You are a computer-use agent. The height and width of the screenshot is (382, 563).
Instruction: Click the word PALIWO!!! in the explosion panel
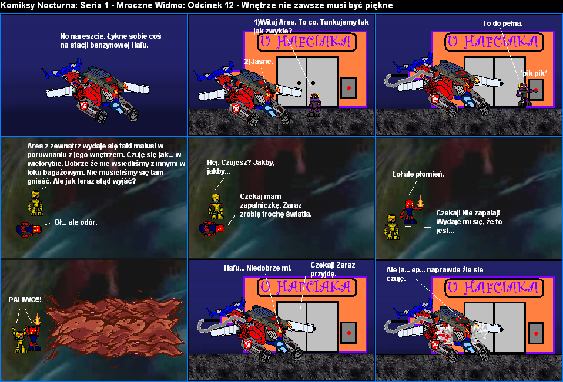pos(25,300)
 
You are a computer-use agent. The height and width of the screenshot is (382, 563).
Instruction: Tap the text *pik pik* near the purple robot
pos(534,73)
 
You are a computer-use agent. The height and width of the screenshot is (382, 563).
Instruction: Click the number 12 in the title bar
pos(232,5)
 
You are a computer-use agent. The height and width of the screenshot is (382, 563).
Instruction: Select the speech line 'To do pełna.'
pos(502,23)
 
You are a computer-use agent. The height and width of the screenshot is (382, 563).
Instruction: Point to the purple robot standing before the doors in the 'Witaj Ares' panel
pos(314,104)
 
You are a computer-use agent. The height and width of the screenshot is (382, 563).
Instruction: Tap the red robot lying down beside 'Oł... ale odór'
pos(29,229)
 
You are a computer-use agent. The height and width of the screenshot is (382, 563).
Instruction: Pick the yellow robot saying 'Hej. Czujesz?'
pos(216,206)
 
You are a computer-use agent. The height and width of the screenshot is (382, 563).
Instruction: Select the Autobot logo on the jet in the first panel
pos(83,106)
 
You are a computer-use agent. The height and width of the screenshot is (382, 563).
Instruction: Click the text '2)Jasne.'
pos(259,62)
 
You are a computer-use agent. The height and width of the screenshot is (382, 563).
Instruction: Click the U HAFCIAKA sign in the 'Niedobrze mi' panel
pos(307,287)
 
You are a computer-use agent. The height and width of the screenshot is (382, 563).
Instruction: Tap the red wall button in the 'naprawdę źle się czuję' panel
pos(536,333)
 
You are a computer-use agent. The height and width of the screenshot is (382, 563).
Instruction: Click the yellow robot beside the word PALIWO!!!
pos(20,340)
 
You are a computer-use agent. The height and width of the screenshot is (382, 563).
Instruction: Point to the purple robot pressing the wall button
pos(524,94)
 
